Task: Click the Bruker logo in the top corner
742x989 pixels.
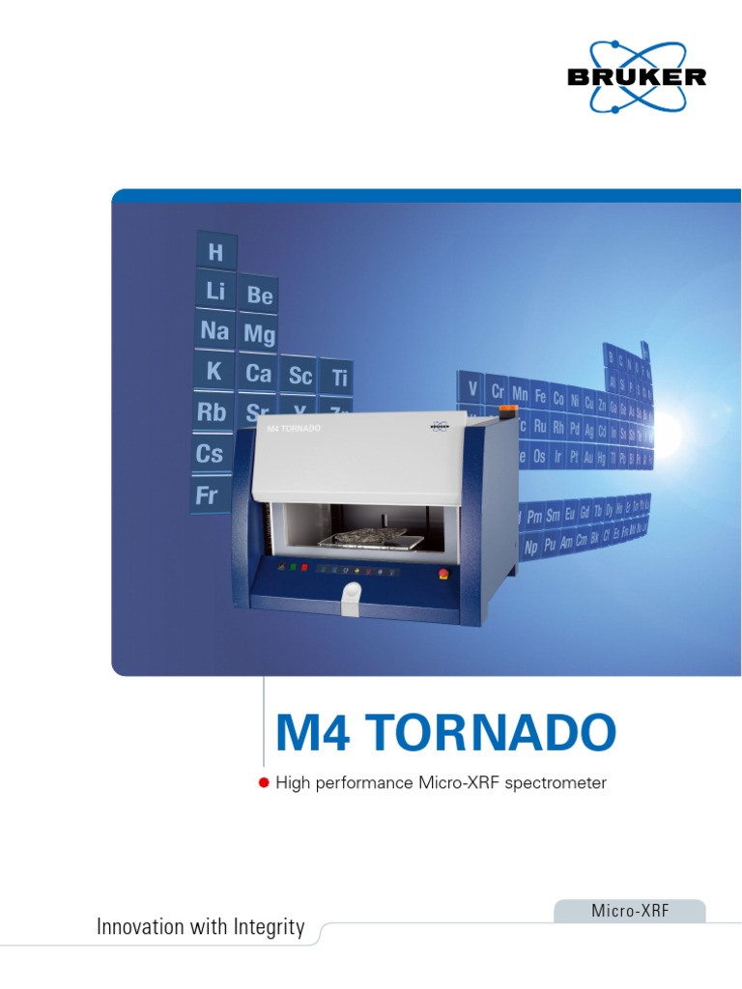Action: (x=637, y=75)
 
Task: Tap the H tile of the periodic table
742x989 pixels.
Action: (x=214, y=253)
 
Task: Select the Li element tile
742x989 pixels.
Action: (x=214, y=291)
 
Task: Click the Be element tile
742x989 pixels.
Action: (x=259, y=296)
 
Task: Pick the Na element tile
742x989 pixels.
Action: (x=214, y=331)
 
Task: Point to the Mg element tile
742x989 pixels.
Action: (x=259, y=335)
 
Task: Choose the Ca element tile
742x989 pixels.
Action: (x=258, y=374)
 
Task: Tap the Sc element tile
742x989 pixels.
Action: (x=300, y=377)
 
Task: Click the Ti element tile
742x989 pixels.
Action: (x=339, y=379)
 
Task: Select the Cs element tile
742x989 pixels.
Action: (x=210, y=454)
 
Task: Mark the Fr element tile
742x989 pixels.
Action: (x=207, y=496)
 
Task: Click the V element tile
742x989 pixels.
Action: (x=472, y=389)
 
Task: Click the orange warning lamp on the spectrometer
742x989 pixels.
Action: (x=506, y=411)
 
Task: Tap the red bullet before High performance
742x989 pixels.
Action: (x=263, y=782)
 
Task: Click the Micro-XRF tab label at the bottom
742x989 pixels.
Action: (x=629, y=911)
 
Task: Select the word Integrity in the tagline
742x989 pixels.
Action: (x=269, y=928)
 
